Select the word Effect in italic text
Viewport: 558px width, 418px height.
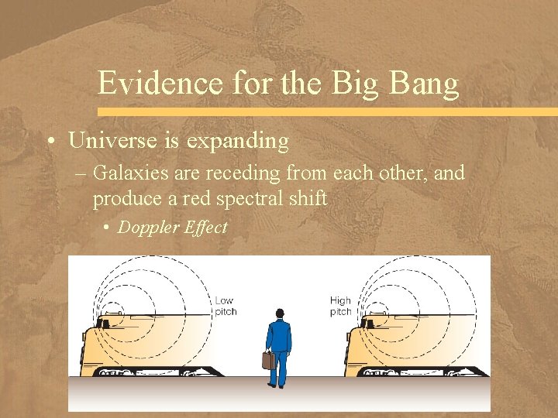click(205, 227)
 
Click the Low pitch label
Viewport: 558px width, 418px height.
click(225, 306)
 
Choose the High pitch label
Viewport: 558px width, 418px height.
click(340, 306)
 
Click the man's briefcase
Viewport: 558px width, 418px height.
click(268, 360)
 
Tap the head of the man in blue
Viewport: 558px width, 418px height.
click(280, 313)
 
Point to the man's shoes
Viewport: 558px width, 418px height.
click(279, 385)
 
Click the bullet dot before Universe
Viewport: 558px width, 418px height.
click(49, 142)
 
